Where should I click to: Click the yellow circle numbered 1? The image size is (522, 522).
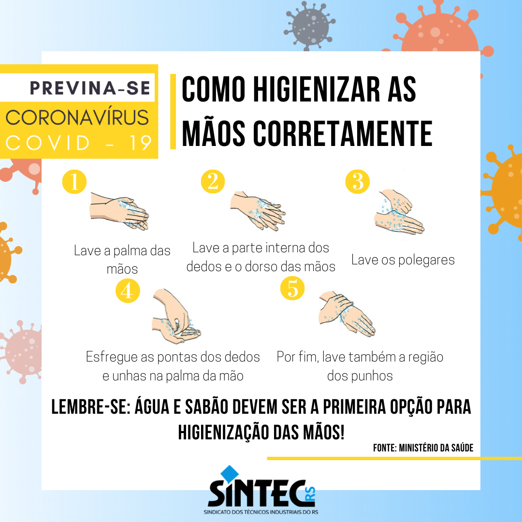(x=74, y=181)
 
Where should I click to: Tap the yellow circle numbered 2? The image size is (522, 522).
(x=213, y=181)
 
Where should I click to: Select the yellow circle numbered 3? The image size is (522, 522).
(x=357, y=181)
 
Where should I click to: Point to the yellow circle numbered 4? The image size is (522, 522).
(x=128, y=290)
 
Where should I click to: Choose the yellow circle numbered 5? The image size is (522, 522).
(x=292, y=288)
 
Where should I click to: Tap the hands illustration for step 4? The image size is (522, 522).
(x=176, y=316)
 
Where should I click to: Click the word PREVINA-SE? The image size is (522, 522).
(x=90, y=88)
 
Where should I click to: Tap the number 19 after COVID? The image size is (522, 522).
(x=141, y=143)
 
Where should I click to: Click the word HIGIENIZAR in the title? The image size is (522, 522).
(x=317, y=89)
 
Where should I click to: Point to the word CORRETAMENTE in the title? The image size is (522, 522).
(x=343, y=133)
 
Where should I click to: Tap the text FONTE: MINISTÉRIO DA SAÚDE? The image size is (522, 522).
(x=423, y=448)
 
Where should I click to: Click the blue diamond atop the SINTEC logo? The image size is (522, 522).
(x=230, y=473)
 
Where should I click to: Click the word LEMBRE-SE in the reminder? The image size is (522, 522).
(x=90, y=407)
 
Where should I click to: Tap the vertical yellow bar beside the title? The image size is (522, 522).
(x=173, y=112)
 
